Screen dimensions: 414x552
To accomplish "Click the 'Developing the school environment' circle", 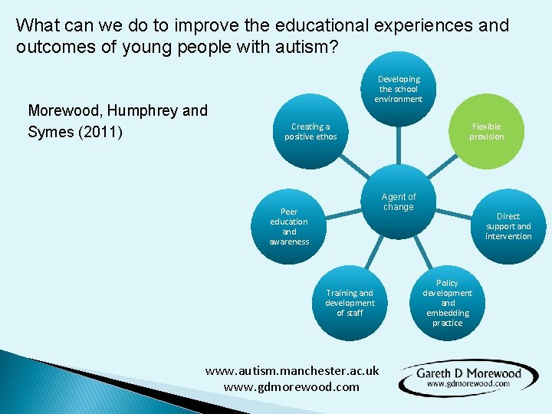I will click(398, 90).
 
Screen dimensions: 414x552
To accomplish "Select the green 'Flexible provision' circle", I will click(486, 131).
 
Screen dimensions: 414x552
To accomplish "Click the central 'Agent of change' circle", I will click(398, 202).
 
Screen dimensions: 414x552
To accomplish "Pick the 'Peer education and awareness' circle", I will click(289, 226).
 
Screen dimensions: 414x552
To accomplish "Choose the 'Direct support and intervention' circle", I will click(508, 226).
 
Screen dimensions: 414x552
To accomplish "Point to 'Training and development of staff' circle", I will click(350, 302).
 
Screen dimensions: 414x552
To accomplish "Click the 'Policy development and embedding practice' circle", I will click(447, 302).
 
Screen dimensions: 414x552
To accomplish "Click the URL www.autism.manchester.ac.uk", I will click(291, 370).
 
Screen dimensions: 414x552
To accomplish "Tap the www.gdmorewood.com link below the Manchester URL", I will click(291, 386).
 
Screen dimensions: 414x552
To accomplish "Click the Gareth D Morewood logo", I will click(468, 377).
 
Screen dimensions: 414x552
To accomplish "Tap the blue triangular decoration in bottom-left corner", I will click(46, 387).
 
